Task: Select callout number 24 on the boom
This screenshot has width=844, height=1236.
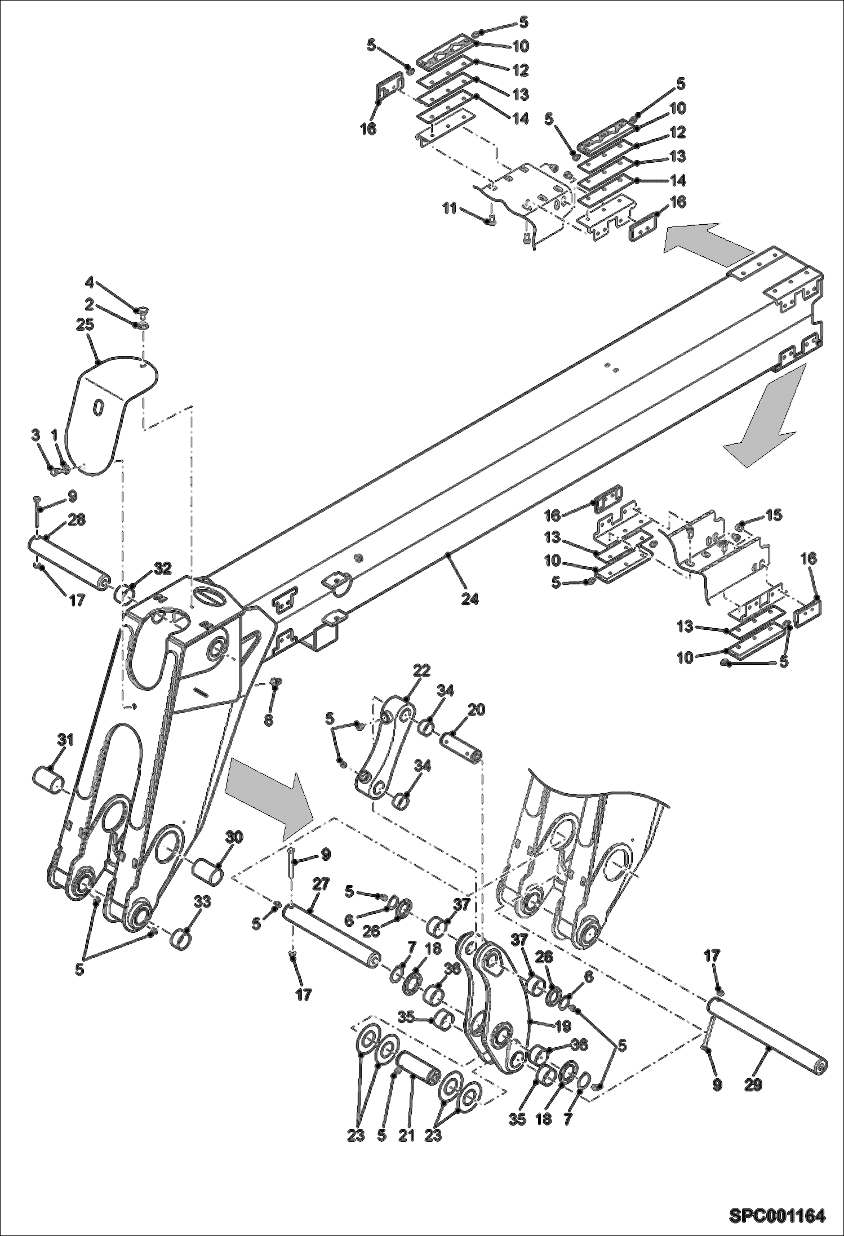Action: (x=469, y=599)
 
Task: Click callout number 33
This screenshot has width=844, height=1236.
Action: (x=203, y=902)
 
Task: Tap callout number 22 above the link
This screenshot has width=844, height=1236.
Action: (x=421, y=670)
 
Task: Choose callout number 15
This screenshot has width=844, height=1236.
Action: (x=774, y=515)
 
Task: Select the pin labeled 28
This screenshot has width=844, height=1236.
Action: (x=68, y=562)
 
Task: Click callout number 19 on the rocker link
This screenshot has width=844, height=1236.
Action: (x=563, y=1026)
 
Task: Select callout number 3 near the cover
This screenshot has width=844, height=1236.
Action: (x=35, y=435)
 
